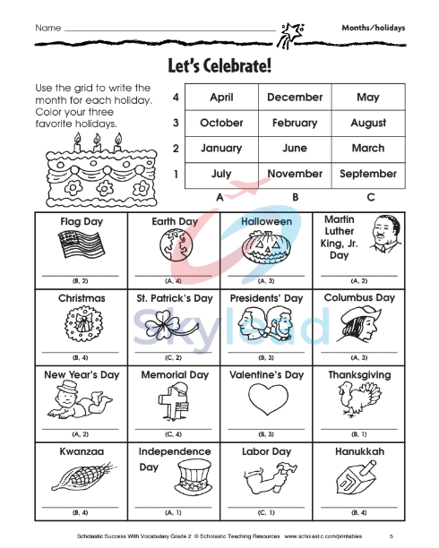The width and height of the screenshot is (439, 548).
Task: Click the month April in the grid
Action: [x=220, y=98]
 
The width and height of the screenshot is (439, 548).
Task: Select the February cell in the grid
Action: [x=294, y=123]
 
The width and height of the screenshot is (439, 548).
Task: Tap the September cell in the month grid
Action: [x=367, y=174]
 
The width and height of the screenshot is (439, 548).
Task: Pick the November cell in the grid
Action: [x=294, y=174]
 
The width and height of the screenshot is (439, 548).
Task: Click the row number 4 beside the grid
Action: [x=176, y=98]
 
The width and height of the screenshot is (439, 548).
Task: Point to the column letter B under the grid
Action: [x=294, y=196]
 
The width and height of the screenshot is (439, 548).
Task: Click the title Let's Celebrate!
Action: [x=219, y=64]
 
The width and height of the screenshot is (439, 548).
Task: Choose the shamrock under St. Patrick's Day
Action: [x=171, y=325]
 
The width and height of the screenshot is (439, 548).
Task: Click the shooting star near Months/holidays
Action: [x=291, y=36]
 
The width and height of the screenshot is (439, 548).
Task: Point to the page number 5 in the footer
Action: [x=391, y=536]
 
